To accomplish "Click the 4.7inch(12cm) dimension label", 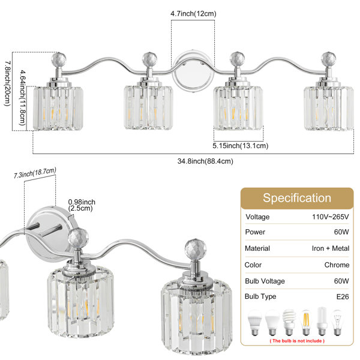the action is tap(193, 14).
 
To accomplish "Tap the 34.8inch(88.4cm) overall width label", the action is tap(205, 161).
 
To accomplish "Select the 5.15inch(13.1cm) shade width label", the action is tap(241, 146).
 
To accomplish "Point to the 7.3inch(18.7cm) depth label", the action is tap(35, 173).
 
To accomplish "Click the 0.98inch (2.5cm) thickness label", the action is tap(82, 205).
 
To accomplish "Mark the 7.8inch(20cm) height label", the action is tap(8, 83).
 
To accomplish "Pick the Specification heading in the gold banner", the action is tap(297, 198).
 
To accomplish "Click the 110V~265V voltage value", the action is tap(331, 217).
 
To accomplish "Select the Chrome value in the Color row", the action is tap(337, 265).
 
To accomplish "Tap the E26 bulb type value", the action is tap(343, 296).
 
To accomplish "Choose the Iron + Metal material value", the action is tap(331, 248).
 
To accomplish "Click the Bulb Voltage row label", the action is tap(265, 281).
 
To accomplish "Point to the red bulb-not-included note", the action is tap(297, 341).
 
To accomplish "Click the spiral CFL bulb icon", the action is tap(289, 322).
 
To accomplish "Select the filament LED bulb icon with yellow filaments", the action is tap(306, 322).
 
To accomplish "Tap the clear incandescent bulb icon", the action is tap(337, 322).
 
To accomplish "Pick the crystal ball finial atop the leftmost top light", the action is tap(59, 59).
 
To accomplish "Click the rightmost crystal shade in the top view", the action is tap(329, 108).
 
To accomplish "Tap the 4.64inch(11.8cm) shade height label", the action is tap(23, 98).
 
